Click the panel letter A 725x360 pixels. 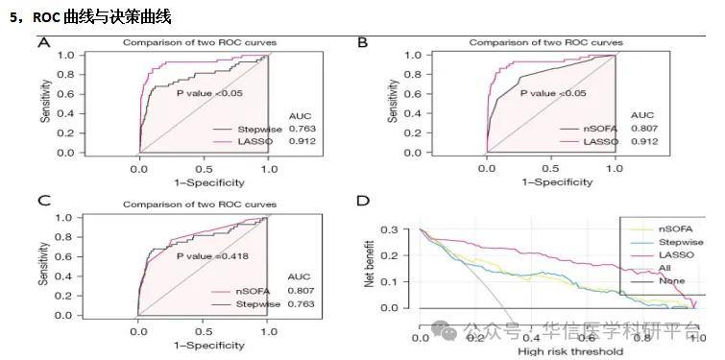43,42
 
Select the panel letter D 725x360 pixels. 363,202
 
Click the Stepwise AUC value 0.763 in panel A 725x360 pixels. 302,129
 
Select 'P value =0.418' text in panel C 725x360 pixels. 210,256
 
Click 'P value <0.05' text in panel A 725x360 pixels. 209,93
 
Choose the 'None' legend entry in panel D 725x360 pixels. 671,281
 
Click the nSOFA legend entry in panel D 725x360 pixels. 676,228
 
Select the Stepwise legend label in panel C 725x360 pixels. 260,303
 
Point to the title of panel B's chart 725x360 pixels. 545,43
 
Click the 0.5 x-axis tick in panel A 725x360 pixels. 205,168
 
